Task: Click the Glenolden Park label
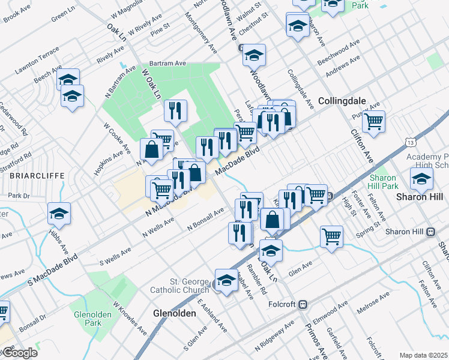point(88,318)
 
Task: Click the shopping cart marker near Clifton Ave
point(374,122)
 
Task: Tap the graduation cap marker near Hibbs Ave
point(59,214)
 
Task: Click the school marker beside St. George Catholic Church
point(226,281)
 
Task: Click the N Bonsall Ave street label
point(205,219)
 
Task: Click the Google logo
point(19,353)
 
